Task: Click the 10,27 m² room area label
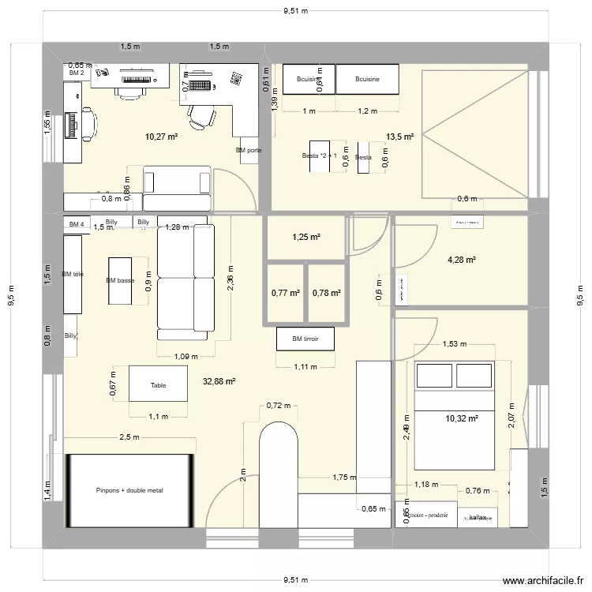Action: click(x=161, y=137)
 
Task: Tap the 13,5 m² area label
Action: click(x=399, y=137)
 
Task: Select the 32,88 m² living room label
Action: click(x=220, y=381)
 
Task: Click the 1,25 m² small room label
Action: click(x=305, y=237)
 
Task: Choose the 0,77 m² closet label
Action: click(x=285, y=293)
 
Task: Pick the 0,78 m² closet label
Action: click(x=326, y=293)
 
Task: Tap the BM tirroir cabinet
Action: click(x=307, y=339)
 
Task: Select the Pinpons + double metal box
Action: click(x=129, y=490)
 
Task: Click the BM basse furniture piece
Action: click(x=121, y=281)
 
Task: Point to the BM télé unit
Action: click(x=73, y=275)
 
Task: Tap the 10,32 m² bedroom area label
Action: click(x=463, y=419)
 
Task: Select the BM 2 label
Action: click(x=76, y=73)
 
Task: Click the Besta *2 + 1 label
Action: click(x=319, y=156)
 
